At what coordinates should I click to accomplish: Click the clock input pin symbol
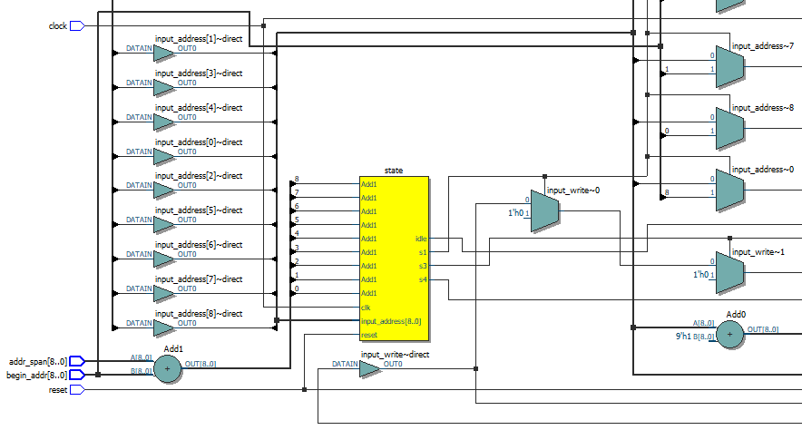point(77,25)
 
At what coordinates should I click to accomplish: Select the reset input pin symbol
point(77,389)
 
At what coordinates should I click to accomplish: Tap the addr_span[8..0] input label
point(37,361)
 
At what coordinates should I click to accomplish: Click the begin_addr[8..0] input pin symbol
point(77,375)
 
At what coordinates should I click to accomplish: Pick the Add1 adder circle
point(167,368)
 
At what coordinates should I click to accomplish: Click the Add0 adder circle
point(730,335)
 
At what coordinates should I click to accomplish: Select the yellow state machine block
point(394,259)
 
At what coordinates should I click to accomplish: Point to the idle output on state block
point(421,239)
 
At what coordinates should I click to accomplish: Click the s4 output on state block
point(423,279)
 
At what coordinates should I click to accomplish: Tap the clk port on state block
point(366,308)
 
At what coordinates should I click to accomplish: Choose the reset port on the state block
point(368,335)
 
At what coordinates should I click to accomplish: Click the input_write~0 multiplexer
point(545,211)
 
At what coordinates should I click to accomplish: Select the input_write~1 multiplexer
point(730,273)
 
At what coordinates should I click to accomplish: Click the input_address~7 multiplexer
point(730,67)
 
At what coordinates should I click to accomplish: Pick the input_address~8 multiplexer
point(730,129)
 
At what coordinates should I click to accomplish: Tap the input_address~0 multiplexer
point(730,191)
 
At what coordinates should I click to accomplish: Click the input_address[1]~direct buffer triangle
point(164,54)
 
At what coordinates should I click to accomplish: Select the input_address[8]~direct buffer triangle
point(164,328)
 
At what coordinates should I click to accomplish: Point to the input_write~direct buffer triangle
point(370,369)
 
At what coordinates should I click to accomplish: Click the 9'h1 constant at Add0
point(683,337)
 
